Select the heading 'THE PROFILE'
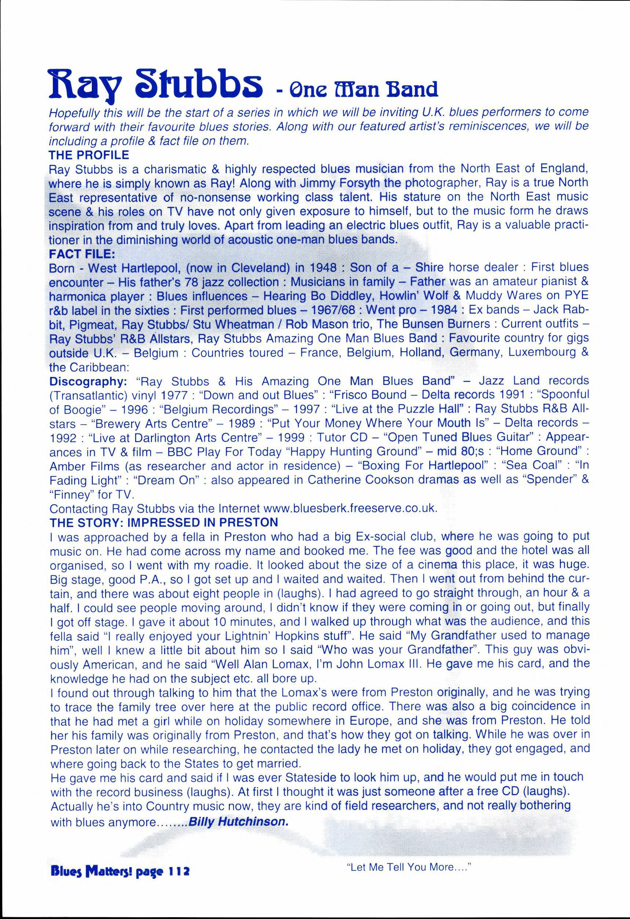point(88,155)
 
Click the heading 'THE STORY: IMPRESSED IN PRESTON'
point(164,522)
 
